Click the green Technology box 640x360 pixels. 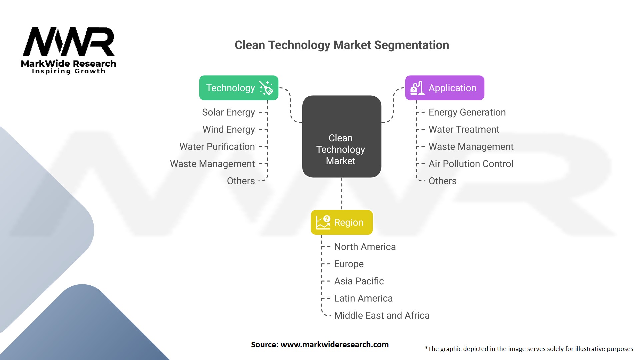tap(239, 88)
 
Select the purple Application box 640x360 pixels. tap(445, 88)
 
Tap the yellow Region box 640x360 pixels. tap(342, 222)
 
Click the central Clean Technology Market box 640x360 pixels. tap(342, 136)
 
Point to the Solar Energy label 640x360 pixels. tap(228, 112)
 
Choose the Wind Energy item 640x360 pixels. tap(229, 129)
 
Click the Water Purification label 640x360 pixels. tap(217, 147)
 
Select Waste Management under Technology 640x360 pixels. tap(212, 164)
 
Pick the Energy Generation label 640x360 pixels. tap(467, 112)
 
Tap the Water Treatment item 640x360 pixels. tap(464, 129)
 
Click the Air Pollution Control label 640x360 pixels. tap(471, 164)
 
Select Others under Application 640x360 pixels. tap(442, 181)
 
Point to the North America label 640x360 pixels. tap(365, 247)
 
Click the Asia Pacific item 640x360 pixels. tap(359, 281)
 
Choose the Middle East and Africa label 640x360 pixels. tap(382, 315)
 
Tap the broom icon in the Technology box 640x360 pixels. tap(266, 88)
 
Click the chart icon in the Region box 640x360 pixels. tap(323, 222)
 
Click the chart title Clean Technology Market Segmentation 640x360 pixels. tap(342, 45)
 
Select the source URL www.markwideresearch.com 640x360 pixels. tap(334, 345)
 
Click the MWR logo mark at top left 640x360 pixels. tap(69, 42)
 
